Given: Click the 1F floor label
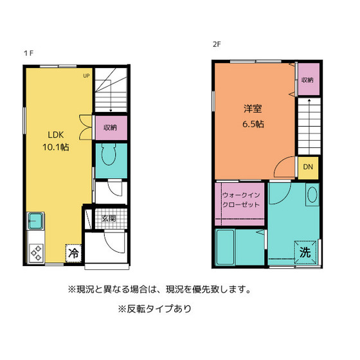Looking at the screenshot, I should (x=28, y=55).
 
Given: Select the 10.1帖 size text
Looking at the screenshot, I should (x=56, y=147).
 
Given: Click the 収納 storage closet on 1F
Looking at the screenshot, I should (x=111, y=127).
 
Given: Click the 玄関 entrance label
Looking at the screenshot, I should (x=108, y=219).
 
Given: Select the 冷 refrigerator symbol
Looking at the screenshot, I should (x=74, y=253).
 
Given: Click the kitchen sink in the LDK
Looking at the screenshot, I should (x=35, y=222).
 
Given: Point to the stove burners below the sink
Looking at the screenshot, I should (x=35, y=252).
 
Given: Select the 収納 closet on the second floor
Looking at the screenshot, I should (x=307, y=80).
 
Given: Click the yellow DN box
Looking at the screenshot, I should (x=308, y=168).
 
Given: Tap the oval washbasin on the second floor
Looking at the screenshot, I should (x=312, y=195).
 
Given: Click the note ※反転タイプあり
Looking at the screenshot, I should (x=155, y=309).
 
